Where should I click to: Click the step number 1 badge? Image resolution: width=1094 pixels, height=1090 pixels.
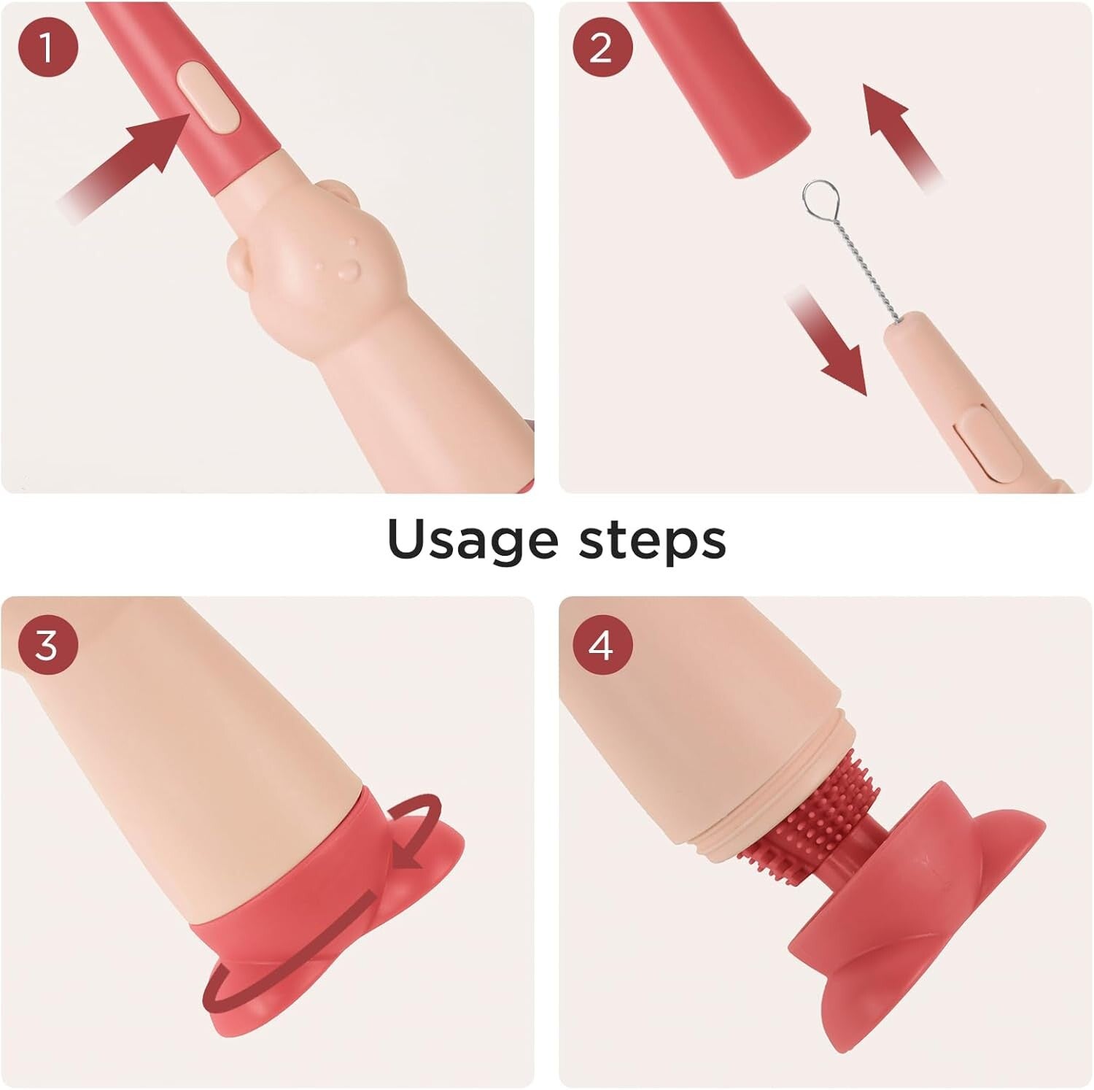[47, 47]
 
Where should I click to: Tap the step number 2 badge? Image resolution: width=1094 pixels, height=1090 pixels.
[601, 47]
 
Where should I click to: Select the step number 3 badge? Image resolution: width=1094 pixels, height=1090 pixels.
[47, 645]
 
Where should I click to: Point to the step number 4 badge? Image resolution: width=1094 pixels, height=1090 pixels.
[601, 645]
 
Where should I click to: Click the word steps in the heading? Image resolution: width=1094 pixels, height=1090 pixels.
[653, 540]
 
